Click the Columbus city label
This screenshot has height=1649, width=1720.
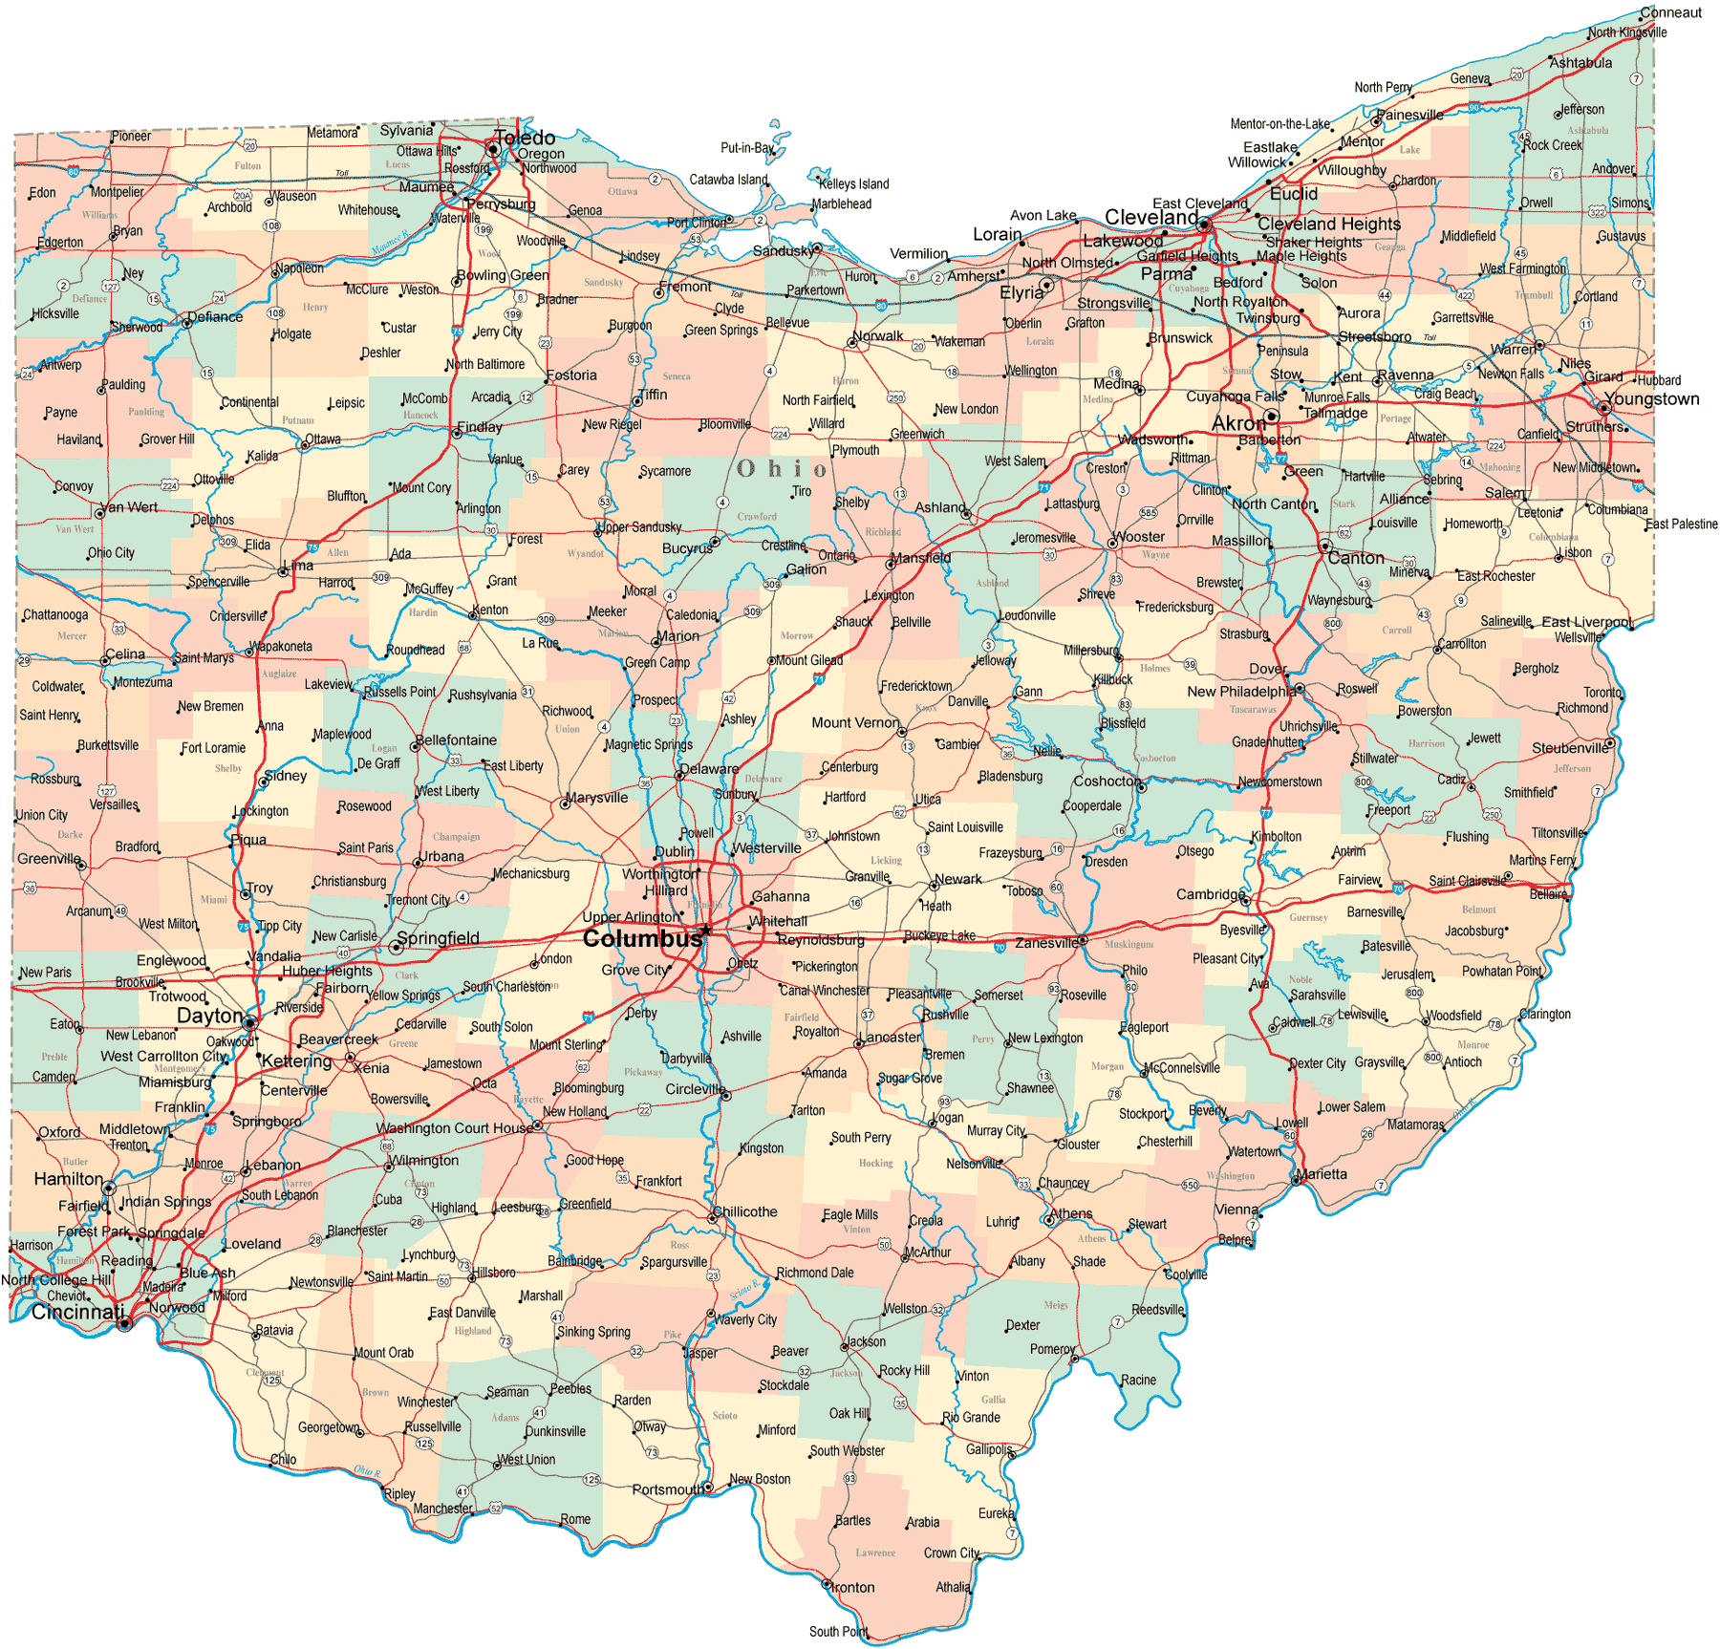pos(641,938)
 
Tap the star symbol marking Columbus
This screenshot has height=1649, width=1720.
pos(706,930)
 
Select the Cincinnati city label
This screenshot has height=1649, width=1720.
pos(77,1312)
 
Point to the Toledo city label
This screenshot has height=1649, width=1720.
pos(525,138)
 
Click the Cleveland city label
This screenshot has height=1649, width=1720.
pos(1151,217)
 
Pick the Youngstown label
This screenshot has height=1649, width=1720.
pos(1652,398)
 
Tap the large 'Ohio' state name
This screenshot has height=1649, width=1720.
pos(782,468)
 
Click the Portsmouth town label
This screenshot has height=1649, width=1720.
pos(668,1489)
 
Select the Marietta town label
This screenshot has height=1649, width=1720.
pos(1322,1174)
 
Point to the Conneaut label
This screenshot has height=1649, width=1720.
pos(1671,12)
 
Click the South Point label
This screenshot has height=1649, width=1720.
pos(838,1631)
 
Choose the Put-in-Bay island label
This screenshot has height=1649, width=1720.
pos(746,147)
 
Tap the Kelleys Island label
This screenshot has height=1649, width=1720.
pos(854,183)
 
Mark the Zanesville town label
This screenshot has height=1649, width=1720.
pos(1046,942)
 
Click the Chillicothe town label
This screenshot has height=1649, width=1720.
pos(745,1211)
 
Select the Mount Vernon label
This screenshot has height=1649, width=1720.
pos(855,722)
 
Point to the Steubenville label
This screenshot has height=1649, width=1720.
pos(1570,747)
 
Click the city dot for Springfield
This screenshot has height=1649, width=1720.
pos(396,947)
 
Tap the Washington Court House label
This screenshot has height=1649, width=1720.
pos(455,1127)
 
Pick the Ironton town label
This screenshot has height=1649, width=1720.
pos(853,1587)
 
